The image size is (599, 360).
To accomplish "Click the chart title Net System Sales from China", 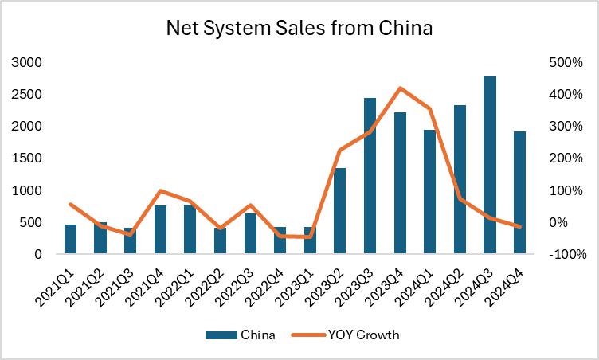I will (299, 29).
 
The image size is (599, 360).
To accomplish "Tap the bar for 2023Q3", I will (370, 176).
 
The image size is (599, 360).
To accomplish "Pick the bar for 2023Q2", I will (340, 211).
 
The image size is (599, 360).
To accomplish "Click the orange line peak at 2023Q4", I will (400, 88).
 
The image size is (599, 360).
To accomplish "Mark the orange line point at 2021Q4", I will (160, 191).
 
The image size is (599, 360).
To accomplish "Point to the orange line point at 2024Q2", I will (460, 199).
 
